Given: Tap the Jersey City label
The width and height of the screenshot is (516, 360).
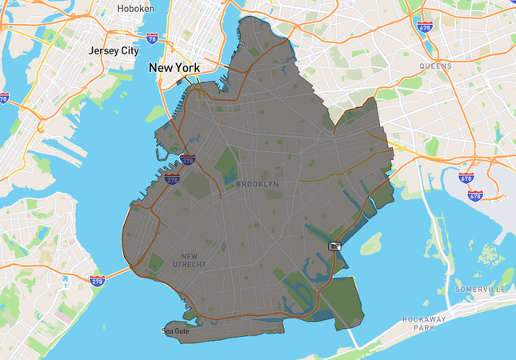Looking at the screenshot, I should click(x=114, y=50).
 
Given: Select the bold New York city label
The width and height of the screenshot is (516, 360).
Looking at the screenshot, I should click(x=174, y=68).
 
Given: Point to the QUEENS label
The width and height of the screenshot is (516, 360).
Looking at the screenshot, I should click(x=435, y=66).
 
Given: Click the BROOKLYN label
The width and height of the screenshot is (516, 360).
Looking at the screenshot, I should click(x=258, y=184).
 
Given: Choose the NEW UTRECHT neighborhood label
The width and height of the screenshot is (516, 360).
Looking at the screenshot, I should click(x=190, y=259).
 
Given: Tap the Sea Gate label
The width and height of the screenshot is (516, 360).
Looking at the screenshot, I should click(x=176, y=330).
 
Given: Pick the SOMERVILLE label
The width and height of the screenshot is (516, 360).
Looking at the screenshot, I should click(x=480, y=288).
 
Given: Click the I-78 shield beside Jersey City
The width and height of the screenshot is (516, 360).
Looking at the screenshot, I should click(x=152, y=38).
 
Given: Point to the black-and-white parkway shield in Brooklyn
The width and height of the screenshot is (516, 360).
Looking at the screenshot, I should click(x=335, y=246).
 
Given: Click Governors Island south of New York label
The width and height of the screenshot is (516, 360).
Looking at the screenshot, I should click(x=157, y=114).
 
